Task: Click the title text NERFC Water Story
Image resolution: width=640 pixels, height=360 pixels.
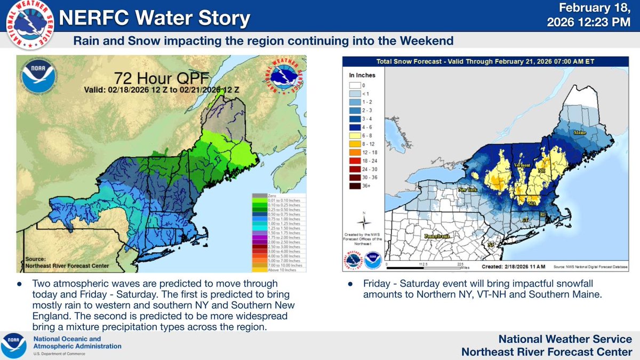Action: point(154,19)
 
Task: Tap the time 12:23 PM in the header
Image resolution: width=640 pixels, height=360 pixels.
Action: point(609,22)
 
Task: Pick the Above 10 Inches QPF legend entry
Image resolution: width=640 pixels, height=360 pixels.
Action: point(277,269)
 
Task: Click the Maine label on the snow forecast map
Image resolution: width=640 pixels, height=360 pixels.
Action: point(579,131)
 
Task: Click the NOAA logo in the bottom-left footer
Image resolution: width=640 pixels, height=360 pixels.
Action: point(14,345)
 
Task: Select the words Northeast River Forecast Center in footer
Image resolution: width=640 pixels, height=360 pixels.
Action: point(547,351)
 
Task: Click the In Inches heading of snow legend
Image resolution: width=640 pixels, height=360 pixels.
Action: point(361,75)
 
